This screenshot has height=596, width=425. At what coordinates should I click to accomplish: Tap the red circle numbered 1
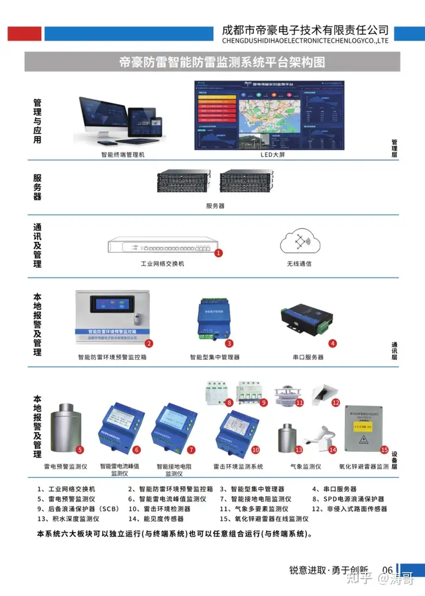click(x=218, y=253)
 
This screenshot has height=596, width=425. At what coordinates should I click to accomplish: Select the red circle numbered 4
click(x=332, y=343)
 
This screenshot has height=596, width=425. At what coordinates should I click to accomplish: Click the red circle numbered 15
click(x=384, y=450)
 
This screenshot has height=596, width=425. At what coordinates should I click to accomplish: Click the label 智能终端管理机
click(x=122, y=155)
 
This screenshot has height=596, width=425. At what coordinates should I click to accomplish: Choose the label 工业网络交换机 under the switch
click(x=162, y=263)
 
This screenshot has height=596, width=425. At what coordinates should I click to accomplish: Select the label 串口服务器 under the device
click(x=308, y=357)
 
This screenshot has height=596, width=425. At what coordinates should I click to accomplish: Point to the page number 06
click(x=387, y=570)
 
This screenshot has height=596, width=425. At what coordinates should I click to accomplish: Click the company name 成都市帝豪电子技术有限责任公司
click(x=305, y=30)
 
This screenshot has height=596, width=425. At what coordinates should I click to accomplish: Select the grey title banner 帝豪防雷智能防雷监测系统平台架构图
click(x=212, y=62)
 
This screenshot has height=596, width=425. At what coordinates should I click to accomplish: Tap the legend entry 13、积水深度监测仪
click(x=68, y=519)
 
